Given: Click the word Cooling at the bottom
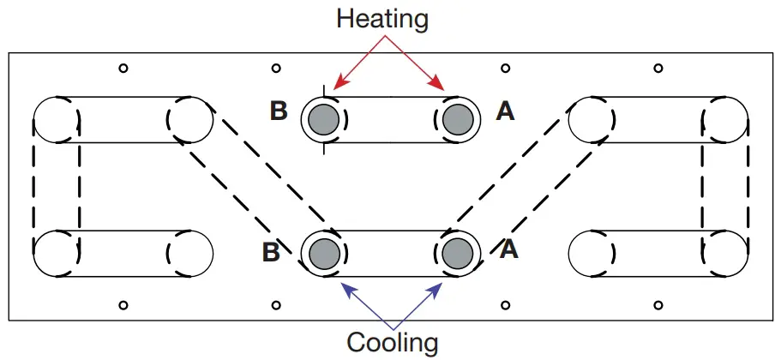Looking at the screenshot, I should pyautogui.click(x=392, y=342).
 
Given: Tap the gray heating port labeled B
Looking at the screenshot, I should pyautogui.click(x=323, y=119).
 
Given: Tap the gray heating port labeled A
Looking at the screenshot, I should pyautogui.click(x=457, y=119).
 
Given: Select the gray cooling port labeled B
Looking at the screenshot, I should pyautogui.click(x=323, y=253).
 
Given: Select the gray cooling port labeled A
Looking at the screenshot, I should pyautogui.click(x=457, y=253).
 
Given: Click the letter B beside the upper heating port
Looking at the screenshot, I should pyautogui.click(x=279, y=111).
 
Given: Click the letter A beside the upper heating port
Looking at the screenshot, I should pyautogui.click(x=506, y=111).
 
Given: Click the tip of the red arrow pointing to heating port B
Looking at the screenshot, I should pyautogui.click(x=335, y=89).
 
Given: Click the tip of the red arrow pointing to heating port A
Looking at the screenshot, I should pyautogui.click(x=445, y=89).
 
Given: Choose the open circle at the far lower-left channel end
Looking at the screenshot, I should pyautogui.click(x=56, y=253).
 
